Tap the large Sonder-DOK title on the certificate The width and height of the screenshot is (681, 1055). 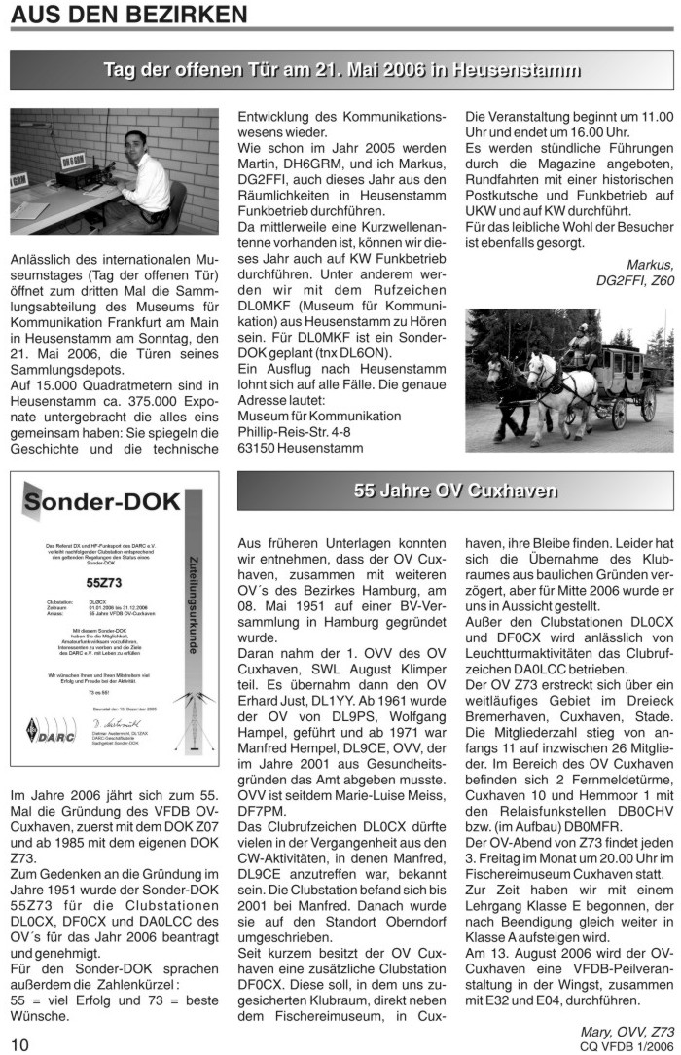[x=102, y=502]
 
